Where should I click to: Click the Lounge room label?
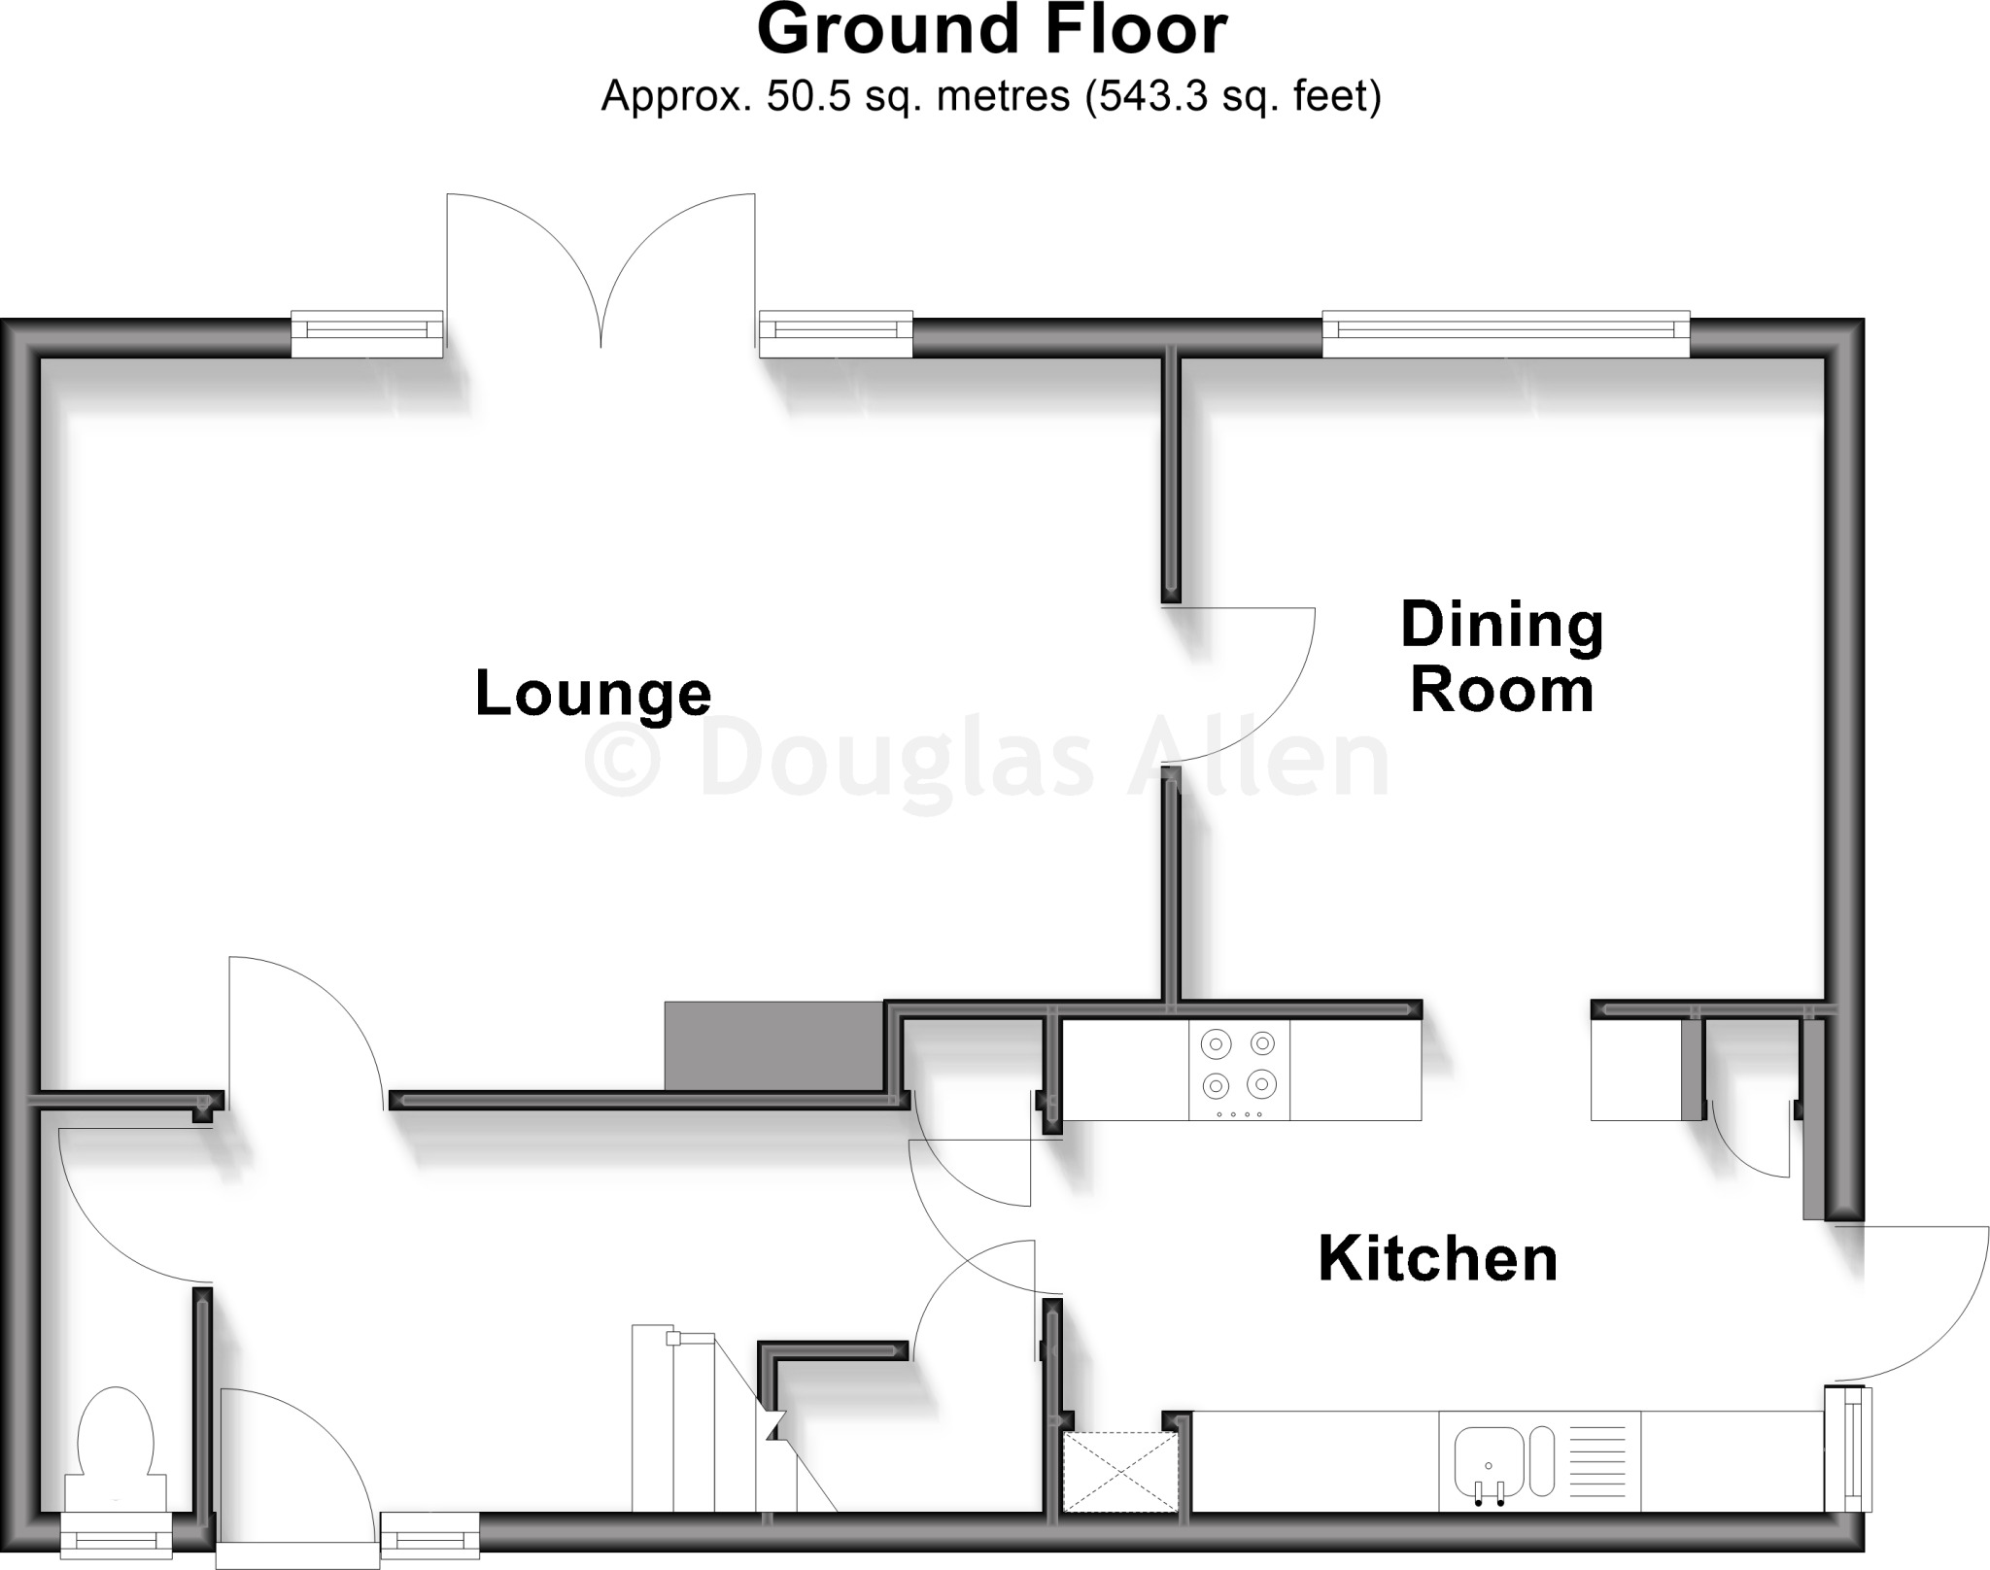tap(593, 695)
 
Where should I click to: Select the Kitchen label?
tap(1437, 1259)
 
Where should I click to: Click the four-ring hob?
tap(1239, 1070)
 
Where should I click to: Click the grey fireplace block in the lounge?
tap(773, 1045)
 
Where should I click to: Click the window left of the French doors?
tap(367, 333)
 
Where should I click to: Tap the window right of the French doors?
tap(835, 333)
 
